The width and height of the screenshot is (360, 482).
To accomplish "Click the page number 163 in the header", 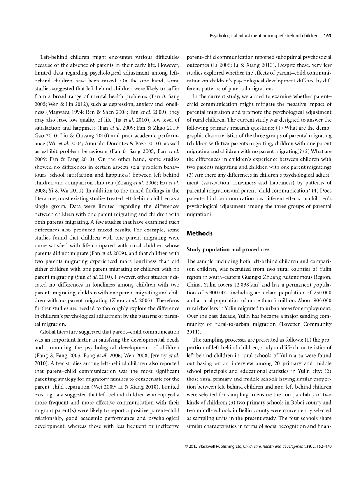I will pyautogui.click(x=327, y=36).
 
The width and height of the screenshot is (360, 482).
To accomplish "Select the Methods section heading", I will pyautogui.click(x=200, y=233).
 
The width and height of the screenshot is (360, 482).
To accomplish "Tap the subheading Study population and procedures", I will pyautogui.click(x=228, y=249).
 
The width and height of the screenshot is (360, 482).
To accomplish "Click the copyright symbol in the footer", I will pyautogui.click(x=187, y=458).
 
